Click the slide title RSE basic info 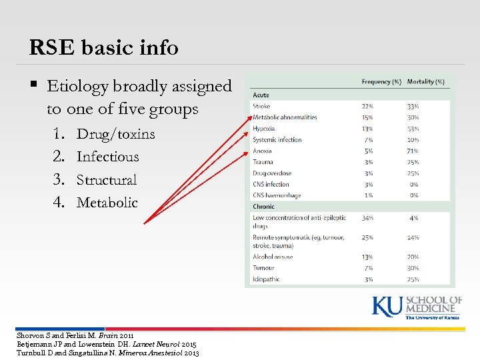point(103,47)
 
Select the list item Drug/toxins point(115,134)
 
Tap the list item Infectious point(107,157)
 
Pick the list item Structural point(106,179)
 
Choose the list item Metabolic point(107,202)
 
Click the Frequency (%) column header point(381,82)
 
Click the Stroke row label point(261,106)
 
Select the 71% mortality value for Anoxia point(413,151)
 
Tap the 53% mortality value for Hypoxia point(413,129)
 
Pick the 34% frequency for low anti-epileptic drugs point(367,218)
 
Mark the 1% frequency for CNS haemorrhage point(367,195)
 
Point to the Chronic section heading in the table point(263,207)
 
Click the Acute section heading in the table point(261,95)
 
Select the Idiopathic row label point(266,279)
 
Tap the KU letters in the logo point(387,307)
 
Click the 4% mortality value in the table point(414,218)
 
